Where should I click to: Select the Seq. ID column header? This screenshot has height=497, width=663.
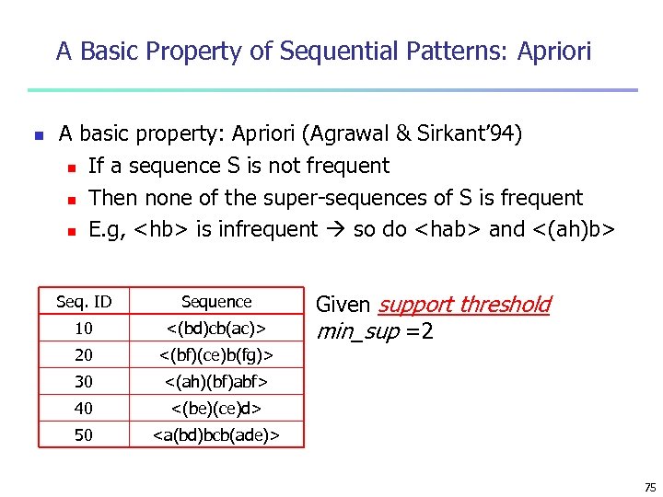coord(84,302)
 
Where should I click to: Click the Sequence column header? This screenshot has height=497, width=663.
coord(216,302)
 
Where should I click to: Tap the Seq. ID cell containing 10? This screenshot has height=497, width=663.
coord(84,329)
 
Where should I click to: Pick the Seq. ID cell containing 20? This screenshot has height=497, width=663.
coord(84,355)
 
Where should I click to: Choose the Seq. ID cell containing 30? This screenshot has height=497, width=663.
coord(84,382)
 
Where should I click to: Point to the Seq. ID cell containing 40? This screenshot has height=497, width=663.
coord(84,408)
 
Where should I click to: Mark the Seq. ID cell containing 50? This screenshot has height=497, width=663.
coord(84,434)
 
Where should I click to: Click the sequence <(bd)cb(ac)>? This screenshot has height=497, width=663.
coord(216,329)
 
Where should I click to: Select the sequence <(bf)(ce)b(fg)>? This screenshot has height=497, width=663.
coord(216,355)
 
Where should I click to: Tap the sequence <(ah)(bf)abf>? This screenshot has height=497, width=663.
coord(216,382)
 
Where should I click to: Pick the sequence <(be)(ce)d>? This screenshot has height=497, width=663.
coord(216,408)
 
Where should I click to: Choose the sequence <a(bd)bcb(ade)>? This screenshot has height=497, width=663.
coord(216,434)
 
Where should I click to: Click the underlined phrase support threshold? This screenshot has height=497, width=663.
coord(464,305)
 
